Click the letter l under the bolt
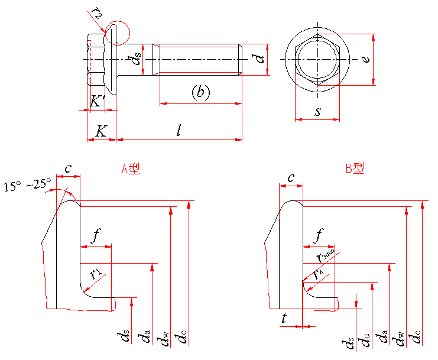pos(179,130)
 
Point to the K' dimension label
pos(97,101)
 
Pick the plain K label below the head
pos(102,131)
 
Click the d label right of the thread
pos(257,59)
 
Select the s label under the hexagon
pos(317,111)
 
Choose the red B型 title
pos(355,168)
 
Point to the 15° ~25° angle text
pos(28,185)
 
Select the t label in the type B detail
pos(284,317)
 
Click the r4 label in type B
pos(319,273)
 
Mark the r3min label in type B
pos(325,256)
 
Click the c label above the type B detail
pos(291,178)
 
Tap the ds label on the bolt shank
pos(136,59)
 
